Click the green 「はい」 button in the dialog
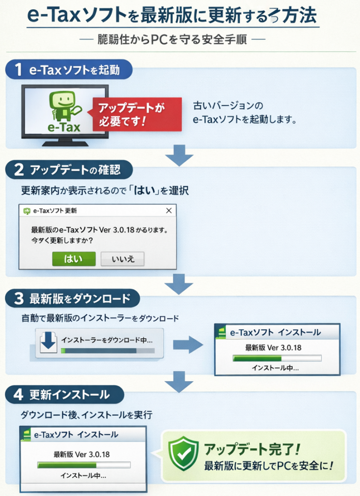click(74, 259)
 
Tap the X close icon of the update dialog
click(169, 211)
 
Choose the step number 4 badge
click(18, 394)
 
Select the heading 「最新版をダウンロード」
click(79, 298)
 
